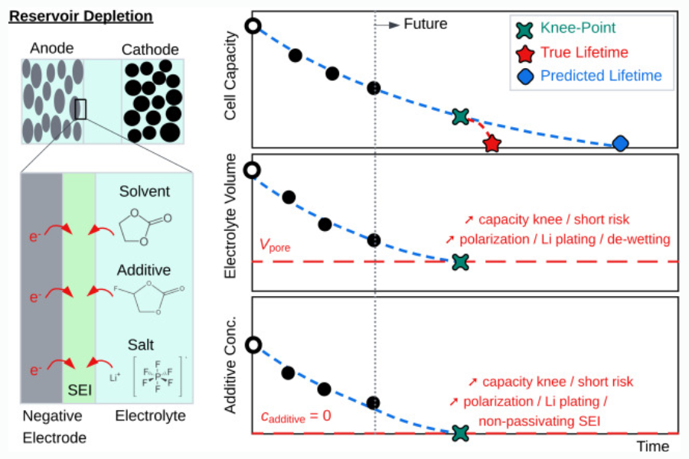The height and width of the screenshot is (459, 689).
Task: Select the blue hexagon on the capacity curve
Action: (x=621, y=143)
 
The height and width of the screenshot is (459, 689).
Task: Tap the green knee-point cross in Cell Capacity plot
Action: (x=460, y=116)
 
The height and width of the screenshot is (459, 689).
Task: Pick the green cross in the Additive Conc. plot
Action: (x=459, y=433)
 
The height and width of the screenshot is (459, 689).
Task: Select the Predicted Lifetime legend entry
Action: (x=600, y=76)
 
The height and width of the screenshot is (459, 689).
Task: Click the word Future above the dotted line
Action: (x=425, y=24)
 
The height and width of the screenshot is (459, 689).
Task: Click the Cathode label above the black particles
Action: (x=150, y=50)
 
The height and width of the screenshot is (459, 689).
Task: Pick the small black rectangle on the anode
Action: (x=80, y=109)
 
